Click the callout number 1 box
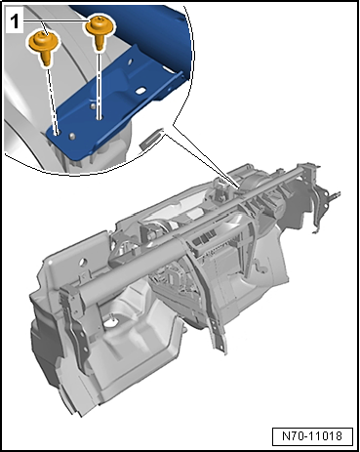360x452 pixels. (x=15, y=22)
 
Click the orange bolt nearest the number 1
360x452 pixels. (x=44, y=48)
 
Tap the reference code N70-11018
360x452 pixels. (x=312, y=435)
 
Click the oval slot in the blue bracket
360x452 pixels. (x=141, y=91)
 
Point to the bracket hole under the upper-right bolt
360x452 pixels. (x=100, y=117)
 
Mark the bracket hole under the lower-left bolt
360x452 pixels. (x=58, y=133)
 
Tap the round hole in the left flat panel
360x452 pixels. (x=84, y=262)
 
